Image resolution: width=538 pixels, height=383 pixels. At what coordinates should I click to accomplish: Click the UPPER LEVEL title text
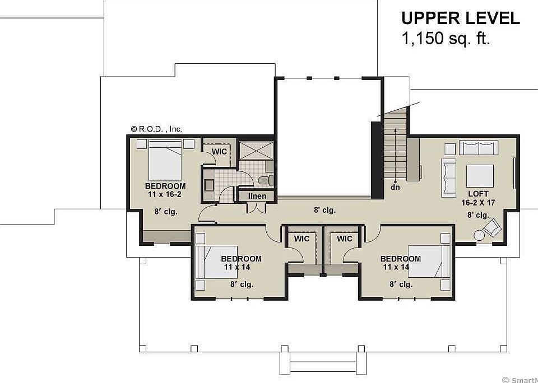(461, 18)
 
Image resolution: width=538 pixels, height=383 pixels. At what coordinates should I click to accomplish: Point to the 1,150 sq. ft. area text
(446, 39)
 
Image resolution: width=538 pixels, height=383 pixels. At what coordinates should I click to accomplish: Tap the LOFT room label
(478, 194)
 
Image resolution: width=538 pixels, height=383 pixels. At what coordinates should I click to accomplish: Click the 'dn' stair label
(395, 188)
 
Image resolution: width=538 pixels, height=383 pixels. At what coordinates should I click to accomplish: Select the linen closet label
(257, 196)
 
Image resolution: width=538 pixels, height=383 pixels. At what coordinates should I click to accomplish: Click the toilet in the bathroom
(267, 180)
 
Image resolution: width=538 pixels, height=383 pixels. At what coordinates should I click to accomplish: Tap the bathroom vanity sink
(209, 184)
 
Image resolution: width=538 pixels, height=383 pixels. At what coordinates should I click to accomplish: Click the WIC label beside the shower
(219, 151)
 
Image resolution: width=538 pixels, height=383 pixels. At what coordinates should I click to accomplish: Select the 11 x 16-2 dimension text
(164, 194)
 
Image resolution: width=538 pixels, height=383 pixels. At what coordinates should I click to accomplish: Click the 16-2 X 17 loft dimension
(478, 203)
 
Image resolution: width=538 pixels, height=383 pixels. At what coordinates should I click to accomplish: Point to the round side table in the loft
(479, 235)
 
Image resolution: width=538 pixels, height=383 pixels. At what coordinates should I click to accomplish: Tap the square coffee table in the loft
(480, 176)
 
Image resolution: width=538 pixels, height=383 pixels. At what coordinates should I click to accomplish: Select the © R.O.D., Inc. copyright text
(156, 129)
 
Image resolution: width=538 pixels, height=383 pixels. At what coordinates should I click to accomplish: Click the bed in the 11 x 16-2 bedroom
(165, 160)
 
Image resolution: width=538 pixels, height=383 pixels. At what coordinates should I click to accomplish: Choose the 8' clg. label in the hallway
(324, 210)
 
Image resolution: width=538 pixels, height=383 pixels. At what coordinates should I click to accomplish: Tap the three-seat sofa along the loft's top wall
(478, 147)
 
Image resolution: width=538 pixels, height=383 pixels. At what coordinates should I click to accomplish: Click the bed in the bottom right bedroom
(429, 261)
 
